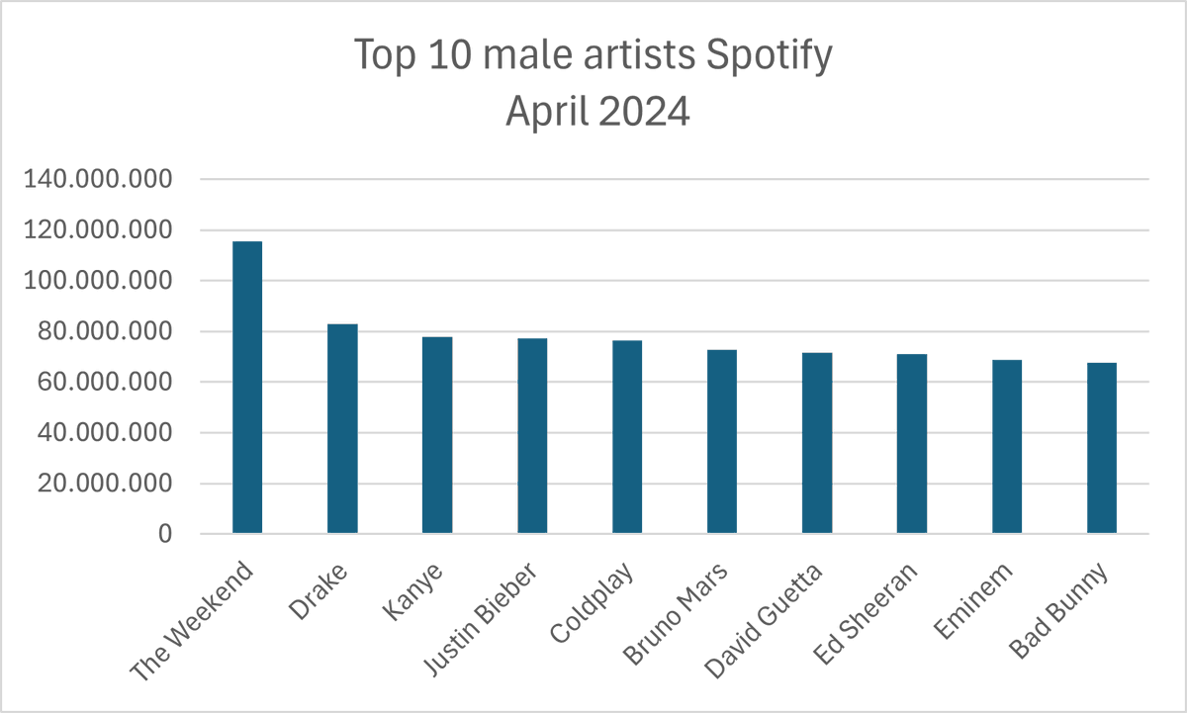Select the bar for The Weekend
tap(247, 388)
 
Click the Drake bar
tap(342, 428)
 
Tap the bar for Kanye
tap(437, 435)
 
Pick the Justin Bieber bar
tap(532, 435)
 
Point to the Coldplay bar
tap(627, 436)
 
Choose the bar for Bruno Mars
tap(722, 441)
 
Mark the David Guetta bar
tap(817, 443)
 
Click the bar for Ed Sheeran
tap(912, 444)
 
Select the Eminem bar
tap(1007, 447)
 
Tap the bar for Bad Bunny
tap(1102, 448)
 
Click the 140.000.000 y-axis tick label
tap(98, 179)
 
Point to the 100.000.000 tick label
tap(98, 280)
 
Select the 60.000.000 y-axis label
tap(105, 382)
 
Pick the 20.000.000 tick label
tap(105, 484)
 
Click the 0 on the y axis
tap(165, 534)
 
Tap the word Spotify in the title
tap(769, 55)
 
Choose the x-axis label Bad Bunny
tap(1058, 611)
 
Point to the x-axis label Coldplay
tap(592, 603)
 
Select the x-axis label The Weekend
tap(192, 621)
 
